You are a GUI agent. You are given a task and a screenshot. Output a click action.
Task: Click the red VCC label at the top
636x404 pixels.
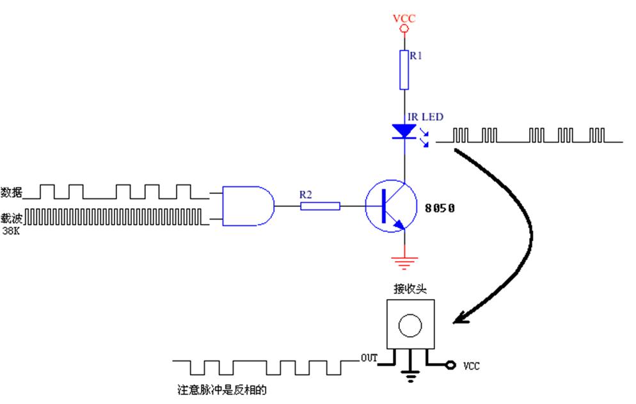pyautogui.click(x=404, y=18)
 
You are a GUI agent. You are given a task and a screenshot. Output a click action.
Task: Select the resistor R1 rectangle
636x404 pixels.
pyautogui.click(x=404, y=70)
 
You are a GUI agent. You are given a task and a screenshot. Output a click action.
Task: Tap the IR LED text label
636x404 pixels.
pyautogui.click(x=425, y=117)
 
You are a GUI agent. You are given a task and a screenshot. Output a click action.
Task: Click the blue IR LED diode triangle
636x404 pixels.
pyautogui.click(x=404, y=131)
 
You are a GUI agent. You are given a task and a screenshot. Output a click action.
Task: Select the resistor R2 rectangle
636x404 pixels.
pyautogui.click(x=320, y=206)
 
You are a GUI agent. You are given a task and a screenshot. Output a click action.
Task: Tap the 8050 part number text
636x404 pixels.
pyautogui.click(x=440, y=207)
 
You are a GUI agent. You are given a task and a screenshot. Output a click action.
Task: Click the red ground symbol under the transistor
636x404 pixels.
pyautogui.click(x=404, y=262)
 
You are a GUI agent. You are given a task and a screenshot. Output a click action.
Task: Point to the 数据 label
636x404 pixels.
pyautogui.click(x=12, y=192)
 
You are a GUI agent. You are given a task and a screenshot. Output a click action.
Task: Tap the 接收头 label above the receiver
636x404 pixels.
pyautogui.click(x=410, y=289)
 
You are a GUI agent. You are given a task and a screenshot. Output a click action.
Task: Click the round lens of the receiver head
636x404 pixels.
pyautogui.click(x=410, y=326)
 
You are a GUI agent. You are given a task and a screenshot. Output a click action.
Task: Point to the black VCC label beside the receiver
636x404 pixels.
pyautogui.click(x=472, y=366)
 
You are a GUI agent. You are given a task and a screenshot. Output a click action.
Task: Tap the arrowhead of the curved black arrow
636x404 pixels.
pyautogui.click(x=461, y=318)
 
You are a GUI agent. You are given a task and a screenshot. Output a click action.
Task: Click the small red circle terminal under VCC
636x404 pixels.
pyautogui.click(x=404, y=29)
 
